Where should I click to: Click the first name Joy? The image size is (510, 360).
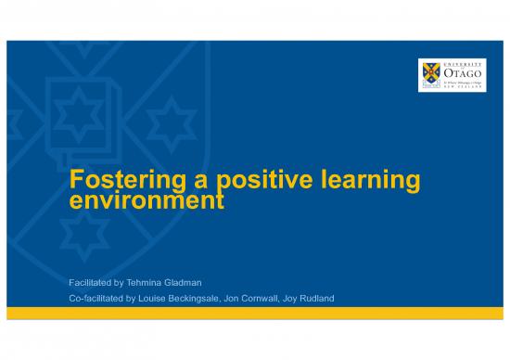coord(325,299)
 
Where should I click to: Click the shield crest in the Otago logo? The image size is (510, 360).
coord(431,74)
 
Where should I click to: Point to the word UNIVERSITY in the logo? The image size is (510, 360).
coord(465,62)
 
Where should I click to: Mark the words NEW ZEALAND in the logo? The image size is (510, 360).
coord(465,91)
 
